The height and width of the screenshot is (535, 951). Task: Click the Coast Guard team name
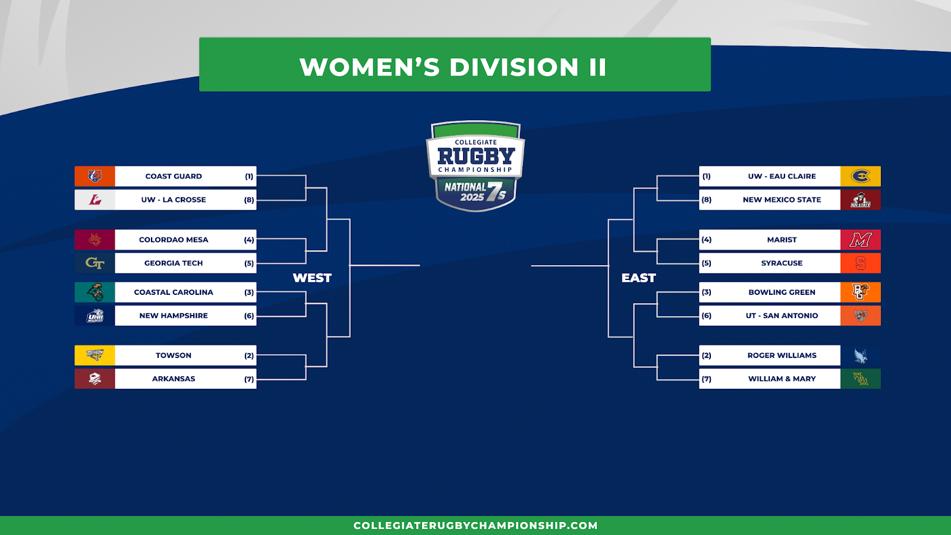174,176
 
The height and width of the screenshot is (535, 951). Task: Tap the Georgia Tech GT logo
95,263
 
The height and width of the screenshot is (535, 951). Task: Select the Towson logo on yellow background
95,355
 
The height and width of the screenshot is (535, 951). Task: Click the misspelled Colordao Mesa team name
174,240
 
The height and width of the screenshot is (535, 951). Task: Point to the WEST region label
312,278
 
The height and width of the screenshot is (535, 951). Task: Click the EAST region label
638,278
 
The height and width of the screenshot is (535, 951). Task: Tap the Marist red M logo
861,240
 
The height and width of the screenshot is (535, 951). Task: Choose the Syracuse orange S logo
861,263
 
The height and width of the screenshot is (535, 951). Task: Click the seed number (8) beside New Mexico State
707,200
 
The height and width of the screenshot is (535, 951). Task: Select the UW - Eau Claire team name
782,176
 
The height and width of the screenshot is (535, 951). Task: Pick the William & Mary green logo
861,379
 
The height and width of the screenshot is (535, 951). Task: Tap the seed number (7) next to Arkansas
249,379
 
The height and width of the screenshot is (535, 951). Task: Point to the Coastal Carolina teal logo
95,292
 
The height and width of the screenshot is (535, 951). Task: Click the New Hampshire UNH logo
95,316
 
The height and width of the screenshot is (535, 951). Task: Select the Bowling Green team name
782,292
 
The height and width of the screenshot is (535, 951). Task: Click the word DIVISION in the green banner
514,67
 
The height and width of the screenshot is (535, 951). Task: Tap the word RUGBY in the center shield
476,156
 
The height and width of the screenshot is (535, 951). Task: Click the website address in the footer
475,525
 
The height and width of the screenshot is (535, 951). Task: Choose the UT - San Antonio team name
782,316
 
